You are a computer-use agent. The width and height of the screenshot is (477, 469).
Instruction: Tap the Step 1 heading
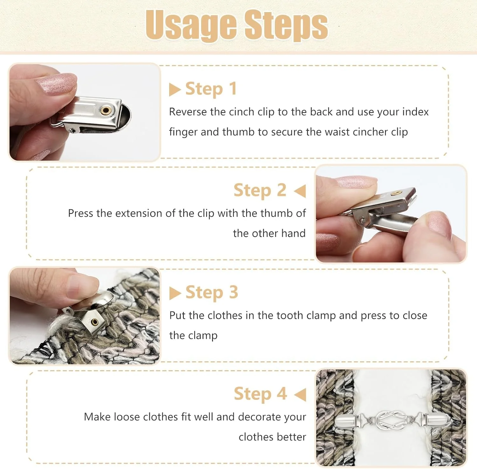click(x=211, y=89)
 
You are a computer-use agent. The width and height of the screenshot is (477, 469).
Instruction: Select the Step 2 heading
click(x=260, y=190)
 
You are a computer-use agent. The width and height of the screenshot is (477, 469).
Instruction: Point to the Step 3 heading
click(x=212, y=292)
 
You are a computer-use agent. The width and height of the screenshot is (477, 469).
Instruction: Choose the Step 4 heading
click(x=260, y=394)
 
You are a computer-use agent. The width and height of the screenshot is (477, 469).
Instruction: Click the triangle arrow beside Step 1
click(x=175, y=90)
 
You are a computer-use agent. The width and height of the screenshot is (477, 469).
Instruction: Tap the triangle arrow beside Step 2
click(x=300, y=191)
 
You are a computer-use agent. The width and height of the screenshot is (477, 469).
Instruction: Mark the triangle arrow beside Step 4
click(x=300, y=395)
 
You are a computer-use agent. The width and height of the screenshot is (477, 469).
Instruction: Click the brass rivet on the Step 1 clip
click(x=106, y=111)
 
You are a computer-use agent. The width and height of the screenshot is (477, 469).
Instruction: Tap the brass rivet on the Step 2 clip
click(x=396, y=192)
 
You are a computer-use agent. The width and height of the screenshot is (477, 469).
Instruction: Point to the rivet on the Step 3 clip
click(x=95, y=322)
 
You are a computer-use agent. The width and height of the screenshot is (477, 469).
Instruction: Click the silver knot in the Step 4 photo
click(x=391, y=420)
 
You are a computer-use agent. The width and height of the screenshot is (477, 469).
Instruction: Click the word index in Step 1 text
click(x=416, y=112)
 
